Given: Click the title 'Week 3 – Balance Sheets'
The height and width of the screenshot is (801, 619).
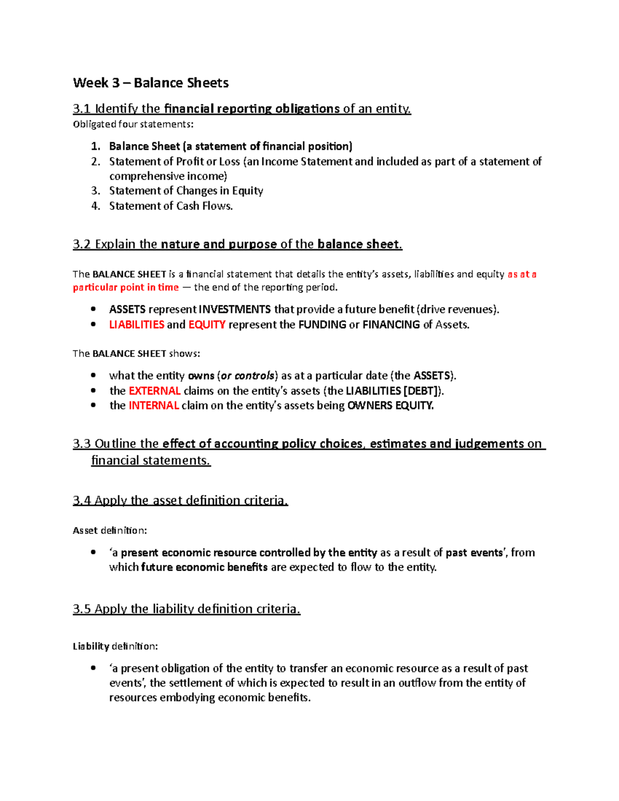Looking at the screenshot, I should (x=151, y=83).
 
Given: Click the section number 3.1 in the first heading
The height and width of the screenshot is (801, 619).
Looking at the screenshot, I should (x=82, y=109).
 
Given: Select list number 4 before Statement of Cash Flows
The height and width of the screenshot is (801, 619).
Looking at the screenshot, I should (x=95, y=206).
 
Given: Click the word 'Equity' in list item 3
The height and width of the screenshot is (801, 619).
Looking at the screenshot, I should (x=247, y=191).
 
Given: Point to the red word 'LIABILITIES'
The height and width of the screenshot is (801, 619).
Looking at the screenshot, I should (x=136, y=325).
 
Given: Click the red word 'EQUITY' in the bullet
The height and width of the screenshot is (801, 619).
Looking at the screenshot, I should (x=206, y=325).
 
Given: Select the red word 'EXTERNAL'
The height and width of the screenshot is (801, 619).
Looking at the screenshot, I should (x=154, y=391).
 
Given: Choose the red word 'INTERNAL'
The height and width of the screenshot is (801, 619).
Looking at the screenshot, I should (x=153, y=406).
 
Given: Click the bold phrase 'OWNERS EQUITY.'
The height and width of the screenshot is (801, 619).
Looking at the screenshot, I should (x=390, y=406).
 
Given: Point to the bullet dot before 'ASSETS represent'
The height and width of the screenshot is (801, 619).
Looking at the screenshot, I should (x=93, y=309).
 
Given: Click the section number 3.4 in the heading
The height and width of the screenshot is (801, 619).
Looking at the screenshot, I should (x=82, y=501).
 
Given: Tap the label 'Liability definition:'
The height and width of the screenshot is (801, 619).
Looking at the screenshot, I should (x=115, y=646).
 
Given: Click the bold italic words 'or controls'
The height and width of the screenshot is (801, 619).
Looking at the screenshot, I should (x=247, y=376).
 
